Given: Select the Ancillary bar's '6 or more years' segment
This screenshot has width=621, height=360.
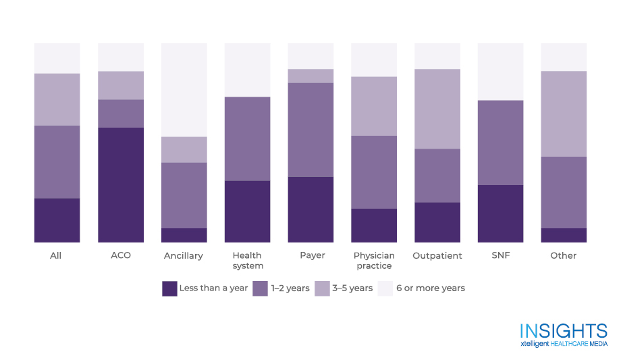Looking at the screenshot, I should pos(184,90).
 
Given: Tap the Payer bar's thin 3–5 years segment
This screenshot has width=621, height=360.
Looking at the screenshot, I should pos(310,76).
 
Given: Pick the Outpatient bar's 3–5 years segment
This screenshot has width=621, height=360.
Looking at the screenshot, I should pos(437,109).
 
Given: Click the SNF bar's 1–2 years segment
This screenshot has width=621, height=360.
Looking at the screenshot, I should pos(500,143).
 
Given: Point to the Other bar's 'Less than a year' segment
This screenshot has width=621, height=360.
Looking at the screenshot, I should pos(564,235).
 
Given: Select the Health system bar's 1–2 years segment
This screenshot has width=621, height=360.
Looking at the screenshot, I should pos(247,138).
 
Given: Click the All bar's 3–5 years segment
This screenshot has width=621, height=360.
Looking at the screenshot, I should pos(57,99).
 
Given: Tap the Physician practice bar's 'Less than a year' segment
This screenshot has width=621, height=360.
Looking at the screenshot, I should pos(374,226).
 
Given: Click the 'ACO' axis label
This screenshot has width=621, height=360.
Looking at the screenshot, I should pos(121,256).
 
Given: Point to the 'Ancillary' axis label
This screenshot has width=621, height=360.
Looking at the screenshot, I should pos(184,256).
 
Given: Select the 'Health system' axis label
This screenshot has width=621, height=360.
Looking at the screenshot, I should pos(247,261).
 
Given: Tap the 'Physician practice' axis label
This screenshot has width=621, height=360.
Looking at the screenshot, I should pos(374,261).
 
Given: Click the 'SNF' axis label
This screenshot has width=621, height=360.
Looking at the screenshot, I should pos(500,256).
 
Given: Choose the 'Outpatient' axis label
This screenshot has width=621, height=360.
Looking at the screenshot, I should pos(437,256).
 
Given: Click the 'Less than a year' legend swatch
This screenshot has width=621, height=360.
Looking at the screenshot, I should pos(169,288).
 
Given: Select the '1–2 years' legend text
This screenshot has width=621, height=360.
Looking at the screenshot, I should pos(290,288).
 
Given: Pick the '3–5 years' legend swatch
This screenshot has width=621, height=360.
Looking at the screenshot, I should pos(322,288).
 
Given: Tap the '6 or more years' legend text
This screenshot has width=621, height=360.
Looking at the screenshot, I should pos(430,288).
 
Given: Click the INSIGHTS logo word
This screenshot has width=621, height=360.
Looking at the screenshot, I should pos(564,331).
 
